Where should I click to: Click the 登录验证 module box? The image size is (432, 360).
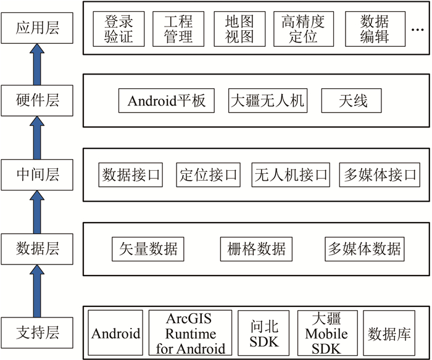(x=119, y=28)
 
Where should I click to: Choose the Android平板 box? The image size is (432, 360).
(x=166, y=100)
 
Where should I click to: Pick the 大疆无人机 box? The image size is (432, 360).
(x=267, y=100)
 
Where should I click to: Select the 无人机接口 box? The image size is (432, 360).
(x=291, y=174)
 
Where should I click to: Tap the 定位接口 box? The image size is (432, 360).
(x=209, y=174)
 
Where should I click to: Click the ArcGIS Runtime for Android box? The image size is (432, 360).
(x=191, y=333)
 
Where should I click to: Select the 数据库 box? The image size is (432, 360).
(x=389, y=333)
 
